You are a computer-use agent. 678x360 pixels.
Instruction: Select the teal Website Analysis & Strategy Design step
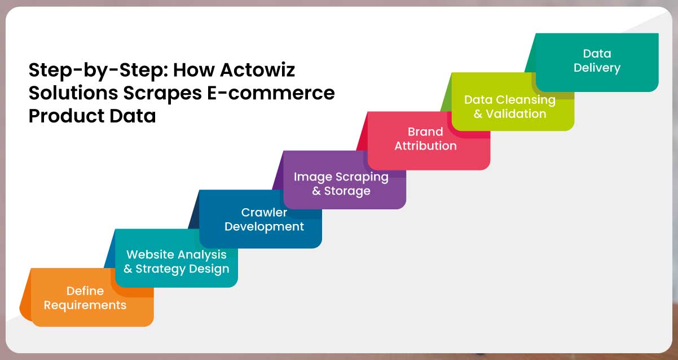pos(176,262)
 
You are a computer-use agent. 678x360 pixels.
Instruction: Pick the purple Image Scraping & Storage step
pos(341,183)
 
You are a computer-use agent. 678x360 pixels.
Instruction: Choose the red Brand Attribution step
pos(425,139)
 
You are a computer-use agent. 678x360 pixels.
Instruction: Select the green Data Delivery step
pos(597,61)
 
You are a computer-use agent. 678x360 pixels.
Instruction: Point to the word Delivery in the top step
pos(597,68)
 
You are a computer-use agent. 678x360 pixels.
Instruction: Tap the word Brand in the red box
pos(425,131)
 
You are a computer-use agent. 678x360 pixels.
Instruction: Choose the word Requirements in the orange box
pos(85,305)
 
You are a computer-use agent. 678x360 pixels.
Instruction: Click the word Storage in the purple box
pos(347,191)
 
